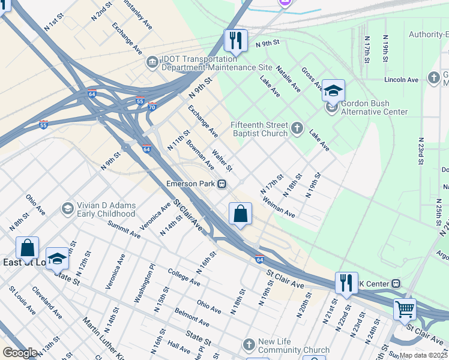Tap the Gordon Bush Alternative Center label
pos(374,107)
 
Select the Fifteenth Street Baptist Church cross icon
pos(297,128)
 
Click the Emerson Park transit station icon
pos(222,184)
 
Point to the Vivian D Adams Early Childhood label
pos(106,209)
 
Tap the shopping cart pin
pos(405,310)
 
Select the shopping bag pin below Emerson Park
pos(240,214)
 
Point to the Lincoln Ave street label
pos(401,80)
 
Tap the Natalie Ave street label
pos(288,80)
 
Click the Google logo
pos(20,353)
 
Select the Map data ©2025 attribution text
pos(423,355)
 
